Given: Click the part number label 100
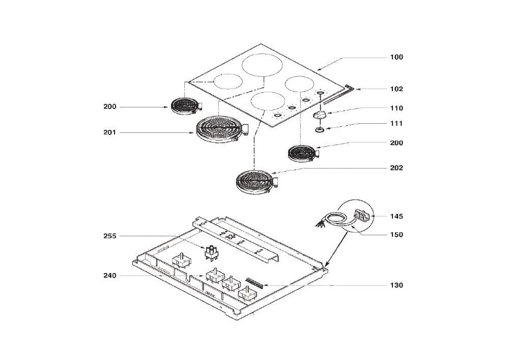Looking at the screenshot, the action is tap(397, 57).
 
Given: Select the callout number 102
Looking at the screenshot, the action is tap(397, 89).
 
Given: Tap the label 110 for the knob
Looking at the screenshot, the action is tap(397, 108).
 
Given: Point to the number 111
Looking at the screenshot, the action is tap(397, 123).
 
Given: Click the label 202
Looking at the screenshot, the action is tap(397, 168).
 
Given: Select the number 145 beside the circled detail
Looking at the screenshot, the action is tap(397, 216).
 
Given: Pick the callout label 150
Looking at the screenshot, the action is tap(397, 235).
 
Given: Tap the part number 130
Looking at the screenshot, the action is tap(397, 285).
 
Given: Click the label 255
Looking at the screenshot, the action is tap(110, 236).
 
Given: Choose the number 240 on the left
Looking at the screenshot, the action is tap(110, 275).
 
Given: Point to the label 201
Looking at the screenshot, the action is tap(110, 132).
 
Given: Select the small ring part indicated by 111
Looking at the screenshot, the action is tap(320, 130).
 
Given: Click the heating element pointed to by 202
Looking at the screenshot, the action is tap(257, 182).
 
